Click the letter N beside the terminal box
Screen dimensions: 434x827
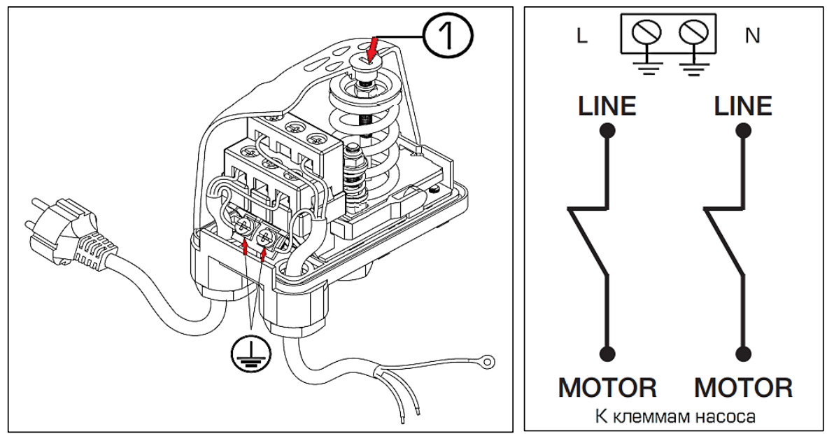click(x=753, y=36)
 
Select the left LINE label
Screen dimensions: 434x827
click(x=607, y=106)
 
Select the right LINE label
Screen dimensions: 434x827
click(x=743, y=106)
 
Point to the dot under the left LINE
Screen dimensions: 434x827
click(x=607, y=130)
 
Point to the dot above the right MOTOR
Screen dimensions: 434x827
click(x=744, y=352)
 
